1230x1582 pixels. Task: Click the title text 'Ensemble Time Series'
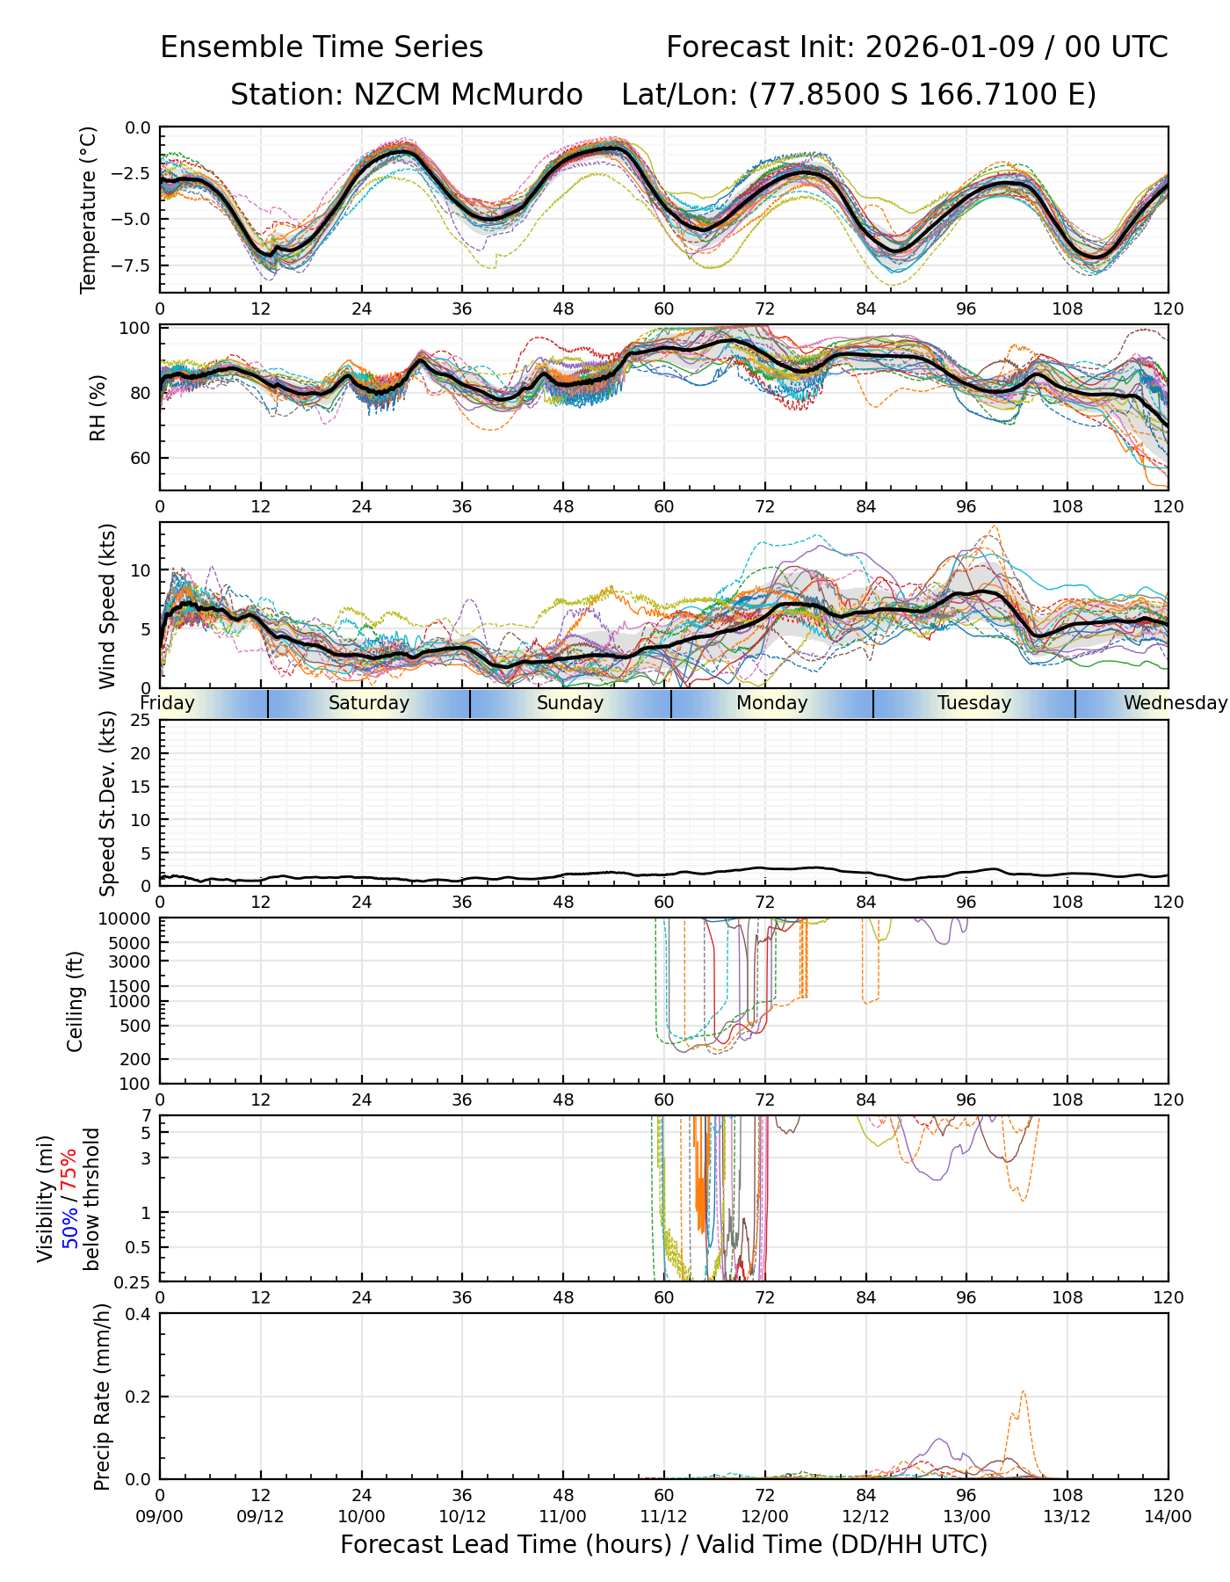pyautogui.click(x=322, y=47)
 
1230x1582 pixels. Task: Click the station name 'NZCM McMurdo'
pyautogui.click(x=467, y=95)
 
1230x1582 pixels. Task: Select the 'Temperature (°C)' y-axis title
pyautogui.click(x=88, y=209)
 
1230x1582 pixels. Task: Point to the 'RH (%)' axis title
pyautogui.click(x=98, y=407)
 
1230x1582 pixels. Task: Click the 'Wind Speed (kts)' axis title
pyautogui.click(x=107, y=606)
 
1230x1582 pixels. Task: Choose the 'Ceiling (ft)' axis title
pyautogui.click(x=76, y=1001)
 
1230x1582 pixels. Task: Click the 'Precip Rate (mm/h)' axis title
pyautogui.click(x=102, y=1397)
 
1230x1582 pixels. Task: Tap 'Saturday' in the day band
pyautogui.click(x=369, y=703)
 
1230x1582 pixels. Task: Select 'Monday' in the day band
pyautogui.click(x=771, y=703)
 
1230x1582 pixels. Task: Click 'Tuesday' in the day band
pyautogui.click(x=973, y=703)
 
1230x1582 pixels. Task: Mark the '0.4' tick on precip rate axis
pyautogui.click(x=138, y=1314)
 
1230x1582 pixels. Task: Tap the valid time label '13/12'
pyautogui.click(x=1067, y=1516)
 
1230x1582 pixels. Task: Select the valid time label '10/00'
pyautogui.click(x=361, y=1516)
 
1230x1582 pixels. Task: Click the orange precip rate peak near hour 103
pyautogui.click(x=1024, y=1392)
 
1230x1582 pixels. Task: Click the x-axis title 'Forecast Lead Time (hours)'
pyautogui.click(x=508, y=1545)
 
